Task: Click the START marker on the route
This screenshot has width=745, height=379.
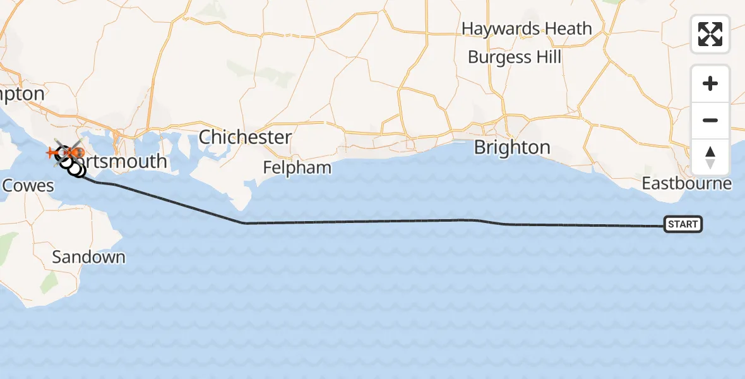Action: [x=682, y=224]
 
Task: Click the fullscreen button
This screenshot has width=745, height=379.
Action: [x=710, y=34]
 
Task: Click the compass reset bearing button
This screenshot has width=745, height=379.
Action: [x=710, y=157]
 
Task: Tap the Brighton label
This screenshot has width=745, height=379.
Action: [x=512, y=147]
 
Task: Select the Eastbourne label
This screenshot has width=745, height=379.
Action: [x=687, y=184]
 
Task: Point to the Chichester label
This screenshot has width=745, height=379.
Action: [x=246, y=136]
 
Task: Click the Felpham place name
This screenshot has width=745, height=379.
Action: [x=297, y=168]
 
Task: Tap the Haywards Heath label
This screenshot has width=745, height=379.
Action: [x=527, y=28]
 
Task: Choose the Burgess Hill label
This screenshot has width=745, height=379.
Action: [x=515, y=57]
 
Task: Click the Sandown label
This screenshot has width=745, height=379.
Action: [x=88, y=257]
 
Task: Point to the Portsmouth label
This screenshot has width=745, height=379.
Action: [x=123, y=161]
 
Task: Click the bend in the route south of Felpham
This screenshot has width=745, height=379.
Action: [x=245, y=223]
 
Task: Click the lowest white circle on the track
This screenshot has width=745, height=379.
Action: [x=78, y=171]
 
